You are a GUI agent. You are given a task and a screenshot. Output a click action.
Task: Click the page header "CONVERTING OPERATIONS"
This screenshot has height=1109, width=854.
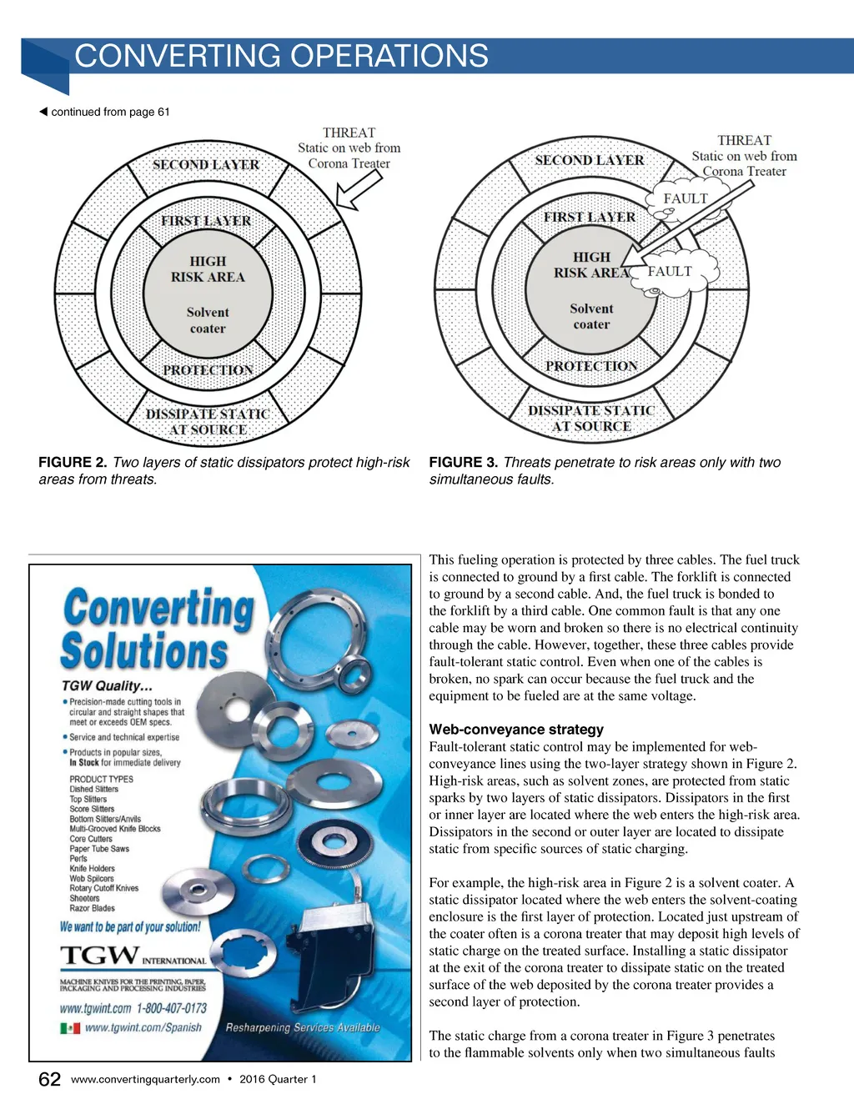pos(281,56)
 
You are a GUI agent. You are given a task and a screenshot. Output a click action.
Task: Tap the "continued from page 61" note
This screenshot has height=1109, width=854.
pos(109,112)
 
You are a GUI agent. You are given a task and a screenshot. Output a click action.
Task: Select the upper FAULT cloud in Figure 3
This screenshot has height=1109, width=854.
pos(684,199)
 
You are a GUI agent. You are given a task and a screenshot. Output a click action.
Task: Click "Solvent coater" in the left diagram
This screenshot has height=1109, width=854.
pos(208,320)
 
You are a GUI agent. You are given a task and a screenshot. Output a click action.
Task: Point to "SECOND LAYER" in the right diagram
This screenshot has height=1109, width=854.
pos(589,160)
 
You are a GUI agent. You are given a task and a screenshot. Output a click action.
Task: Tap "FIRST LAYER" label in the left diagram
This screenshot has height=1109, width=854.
pos(206,221)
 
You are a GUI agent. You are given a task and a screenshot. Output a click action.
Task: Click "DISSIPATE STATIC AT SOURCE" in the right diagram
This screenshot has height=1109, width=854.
pos(590,418)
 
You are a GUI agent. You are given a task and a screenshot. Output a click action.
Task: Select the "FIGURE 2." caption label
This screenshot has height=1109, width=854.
pos(73,462)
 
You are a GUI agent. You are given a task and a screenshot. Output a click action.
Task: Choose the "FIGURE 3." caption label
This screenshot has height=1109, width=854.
pos(463,462)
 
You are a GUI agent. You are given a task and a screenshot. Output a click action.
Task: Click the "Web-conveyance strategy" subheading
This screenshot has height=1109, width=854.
pos(516,730)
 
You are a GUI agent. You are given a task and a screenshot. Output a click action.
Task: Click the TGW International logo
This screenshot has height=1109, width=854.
pos(133,956)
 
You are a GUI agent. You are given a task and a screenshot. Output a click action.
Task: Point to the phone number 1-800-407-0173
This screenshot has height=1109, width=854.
pos(172,1007)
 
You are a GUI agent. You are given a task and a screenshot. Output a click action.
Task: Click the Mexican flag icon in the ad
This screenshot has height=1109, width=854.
pos(70,1028)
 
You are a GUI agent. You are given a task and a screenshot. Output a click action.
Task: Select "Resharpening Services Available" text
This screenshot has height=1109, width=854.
pos(302,1027)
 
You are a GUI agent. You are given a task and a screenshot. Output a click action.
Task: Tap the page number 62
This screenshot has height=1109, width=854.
pos(49,1080)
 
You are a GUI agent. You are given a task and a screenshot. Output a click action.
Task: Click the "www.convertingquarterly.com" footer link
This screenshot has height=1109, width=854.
pos(145,1079)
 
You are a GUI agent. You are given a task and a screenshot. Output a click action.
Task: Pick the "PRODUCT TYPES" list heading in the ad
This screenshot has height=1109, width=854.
pos(101,779)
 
